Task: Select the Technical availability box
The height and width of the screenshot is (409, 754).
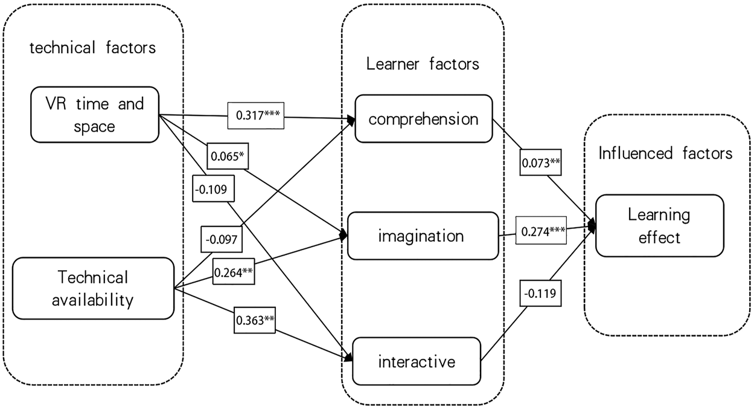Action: [x=93, y=288]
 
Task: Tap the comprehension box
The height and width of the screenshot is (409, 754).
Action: [x=423, y=119]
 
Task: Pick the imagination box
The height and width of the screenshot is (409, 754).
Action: [x=421, y=236]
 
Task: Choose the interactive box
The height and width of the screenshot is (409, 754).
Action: [x=417, y=362]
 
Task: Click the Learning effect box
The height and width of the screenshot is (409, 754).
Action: [x=659, y=226]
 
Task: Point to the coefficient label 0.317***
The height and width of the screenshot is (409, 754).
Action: [x=257, y=115]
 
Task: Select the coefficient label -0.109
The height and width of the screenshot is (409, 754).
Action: [x=211, y=190]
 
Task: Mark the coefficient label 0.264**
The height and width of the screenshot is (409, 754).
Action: [x=232, y=272]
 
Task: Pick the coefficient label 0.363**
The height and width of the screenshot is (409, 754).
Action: [x=255, y=320]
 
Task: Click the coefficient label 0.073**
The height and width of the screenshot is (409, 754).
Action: [x=540, y=164]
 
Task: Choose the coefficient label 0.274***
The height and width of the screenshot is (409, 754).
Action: [x=542, y=231]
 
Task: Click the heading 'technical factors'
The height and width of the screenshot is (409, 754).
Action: [x=92, y=48]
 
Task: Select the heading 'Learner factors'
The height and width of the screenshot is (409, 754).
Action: [x=423, y=63]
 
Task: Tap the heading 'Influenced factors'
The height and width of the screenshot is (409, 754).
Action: [x=665, y=153]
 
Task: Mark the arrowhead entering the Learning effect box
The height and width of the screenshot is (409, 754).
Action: [x=593, y=227]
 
